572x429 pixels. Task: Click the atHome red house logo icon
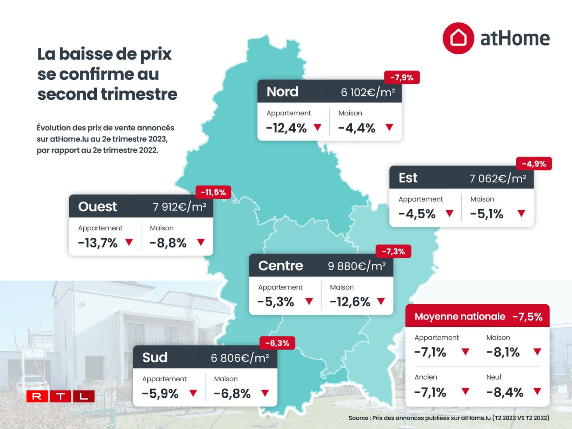pyautogui.click(x=458, y=38)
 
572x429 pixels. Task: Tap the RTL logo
pyautogui.click(x=60, y=396)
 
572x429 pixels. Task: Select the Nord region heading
pyautogui.click(x=282, y=92)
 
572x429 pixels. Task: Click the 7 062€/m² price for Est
pyautogui.click(x=497, y=178)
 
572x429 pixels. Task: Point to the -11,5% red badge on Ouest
pyautogui.click(x=213, y=192)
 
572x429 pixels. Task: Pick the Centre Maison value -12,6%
pyautogui.click(x=350, y=302)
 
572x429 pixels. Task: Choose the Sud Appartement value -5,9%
pyautogui.click(x=160, y=394)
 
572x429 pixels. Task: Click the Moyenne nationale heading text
pyautogui.click(x=460, y=317)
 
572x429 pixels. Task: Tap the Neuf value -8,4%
pyautogui.click(x=505, y=392)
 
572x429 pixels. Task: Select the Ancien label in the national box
pyautogui.click(x=426, y=377)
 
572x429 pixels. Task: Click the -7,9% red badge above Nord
pyautogui.click(x=402, y=78)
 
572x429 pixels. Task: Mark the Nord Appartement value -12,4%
pyautogui.click(x=286, y=128)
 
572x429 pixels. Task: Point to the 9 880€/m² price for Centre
pyautogui.click(x=357, y=266)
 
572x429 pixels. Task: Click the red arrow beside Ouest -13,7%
pyautogui.click(x=129, y=242)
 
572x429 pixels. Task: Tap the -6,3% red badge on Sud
pyautogui.click(x=277, y=343)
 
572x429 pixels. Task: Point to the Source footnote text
pyautogui.click(x=449, y=418)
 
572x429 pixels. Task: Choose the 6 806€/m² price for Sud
pyautogui.click(x=240, y=358)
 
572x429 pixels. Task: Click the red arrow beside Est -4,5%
pyautogui.click(x=450, y=213)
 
